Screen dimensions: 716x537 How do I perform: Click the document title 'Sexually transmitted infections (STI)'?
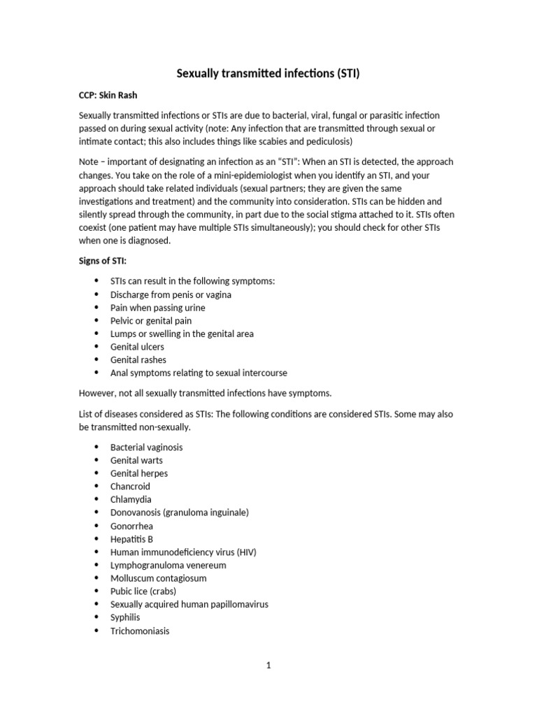[268, 73]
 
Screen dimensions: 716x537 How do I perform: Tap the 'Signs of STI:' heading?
[102, 261]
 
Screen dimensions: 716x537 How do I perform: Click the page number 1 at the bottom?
[268, 666]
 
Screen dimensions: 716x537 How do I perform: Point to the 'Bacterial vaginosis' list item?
[146, 447]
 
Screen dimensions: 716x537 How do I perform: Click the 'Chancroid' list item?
[130, 486]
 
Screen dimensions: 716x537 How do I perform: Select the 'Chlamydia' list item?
[131, 499]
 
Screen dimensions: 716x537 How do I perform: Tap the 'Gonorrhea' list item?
[131, 526]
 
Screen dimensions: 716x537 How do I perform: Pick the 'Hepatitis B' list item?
[131, 539]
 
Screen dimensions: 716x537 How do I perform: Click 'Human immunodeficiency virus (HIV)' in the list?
[183, 552]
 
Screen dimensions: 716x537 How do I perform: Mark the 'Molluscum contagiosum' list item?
[158, 578]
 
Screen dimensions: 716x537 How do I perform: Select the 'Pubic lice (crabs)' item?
[143, 591]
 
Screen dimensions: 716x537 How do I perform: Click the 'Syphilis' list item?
[125, 617]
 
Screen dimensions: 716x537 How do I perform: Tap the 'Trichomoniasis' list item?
[140, 631]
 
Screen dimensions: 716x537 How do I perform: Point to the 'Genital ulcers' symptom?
[137, 347]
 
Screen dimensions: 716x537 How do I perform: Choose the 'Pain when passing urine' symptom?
[157, 308]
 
